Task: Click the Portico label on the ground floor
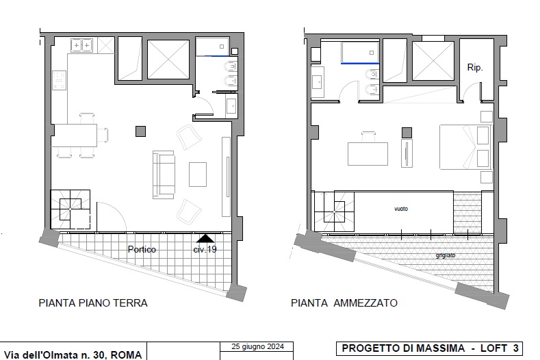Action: tap(142, 249)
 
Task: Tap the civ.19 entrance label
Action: tap(205, 249)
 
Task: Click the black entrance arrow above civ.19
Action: tap(205, 238)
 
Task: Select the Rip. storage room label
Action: tap(475, 68)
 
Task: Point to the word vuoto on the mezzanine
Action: tap(401, 208)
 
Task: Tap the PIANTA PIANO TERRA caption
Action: tap(93, 302)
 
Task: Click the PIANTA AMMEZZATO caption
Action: tap(344, 302)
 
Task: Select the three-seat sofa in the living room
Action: tap(164, 173)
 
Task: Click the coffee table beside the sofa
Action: tap(198, 174)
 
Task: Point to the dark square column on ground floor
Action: tap(140, 130)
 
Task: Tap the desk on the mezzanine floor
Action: tap(368, 153)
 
